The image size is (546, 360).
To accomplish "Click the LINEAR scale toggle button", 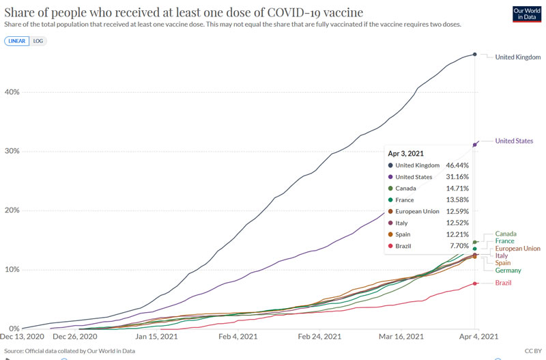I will (16, 41).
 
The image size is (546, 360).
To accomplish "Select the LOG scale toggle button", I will (38, 41).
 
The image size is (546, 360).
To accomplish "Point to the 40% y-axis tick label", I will (12, 92).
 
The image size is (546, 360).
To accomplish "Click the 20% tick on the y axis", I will (12, 210).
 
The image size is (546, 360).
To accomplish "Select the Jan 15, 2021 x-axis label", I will (157, 337).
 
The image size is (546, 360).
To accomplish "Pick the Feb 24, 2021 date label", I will (320, 337).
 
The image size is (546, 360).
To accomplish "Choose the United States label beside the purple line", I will (514, 141).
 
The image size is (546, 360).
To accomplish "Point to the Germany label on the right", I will (508, 271).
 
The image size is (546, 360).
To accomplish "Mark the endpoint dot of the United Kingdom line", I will (474, 55).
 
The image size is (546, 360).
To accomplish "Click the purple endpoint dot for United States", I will (474, 144).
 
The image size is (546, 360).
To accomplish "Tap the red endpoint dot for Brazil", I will (474, 283).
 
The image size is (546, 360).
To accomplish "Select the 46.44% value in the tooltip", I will (457, 165).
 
